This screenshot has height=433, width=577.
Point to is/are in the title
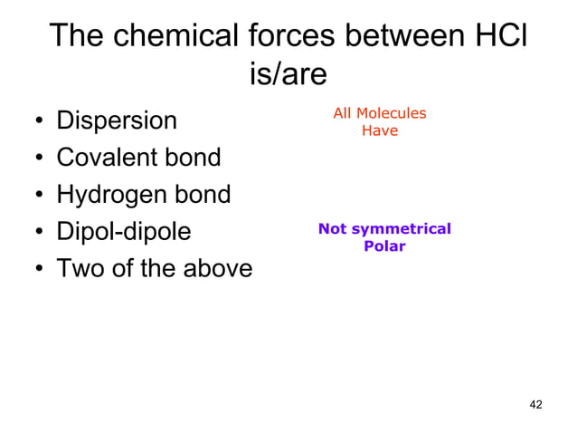tap(288, 74)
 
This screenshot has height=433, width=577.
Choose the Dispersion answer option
tap(117, 121)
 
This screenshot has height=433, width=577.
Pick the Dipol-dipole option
tap(124, 232)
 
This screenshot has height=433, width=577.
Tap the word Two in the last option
tap(79, 269)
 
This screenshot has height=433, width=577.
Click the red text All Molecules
tap(379, 113)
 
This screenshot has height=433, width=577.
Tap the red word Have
tap(379, 130)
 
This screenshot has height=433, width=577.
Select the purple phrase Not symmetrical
tap(384, 229)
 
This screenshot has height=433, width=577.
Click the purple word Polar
tap(384, 245)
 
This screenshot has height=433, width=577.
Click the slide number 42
tap(534, 403)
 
